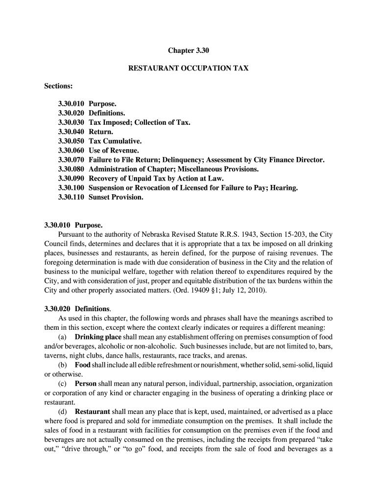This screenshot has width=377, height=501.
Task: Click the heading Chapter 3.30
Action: click(x=188, y=50)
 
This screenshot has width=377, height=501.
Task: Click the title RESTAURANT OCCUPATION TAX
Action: click(x=188, y=68)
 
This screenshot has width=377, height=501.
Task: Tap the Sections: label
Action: click(x=58, y=86)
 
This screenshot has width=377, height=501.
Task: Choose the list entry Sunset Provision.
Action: click(x=116, y=197)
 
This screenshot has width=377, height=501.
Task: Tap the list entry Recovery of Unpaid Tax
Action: click(x=128, y=179)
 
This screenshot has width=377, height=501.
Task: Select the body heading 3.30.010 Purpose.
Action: click(x=73, y=226)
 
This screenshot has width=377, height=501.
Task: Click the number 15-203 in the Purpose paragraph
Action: click(x=283, y=234)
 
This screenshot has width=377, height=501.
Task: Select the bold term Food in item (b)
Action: click(x=83, y=365)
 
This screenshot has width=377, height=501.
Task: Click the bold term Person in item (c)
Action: click(x=85, y=384)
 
